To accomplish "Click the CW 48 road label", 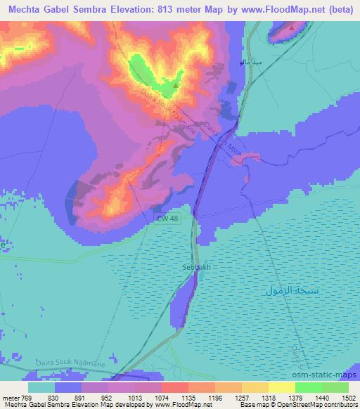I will (x=167, y=221).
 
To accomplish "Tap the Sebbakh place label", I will (x=197, y=268).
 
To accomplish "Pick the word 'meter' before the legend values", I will (x=10, y=398).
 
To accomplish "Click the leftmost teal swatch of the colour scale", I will (x=41, y=387).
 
